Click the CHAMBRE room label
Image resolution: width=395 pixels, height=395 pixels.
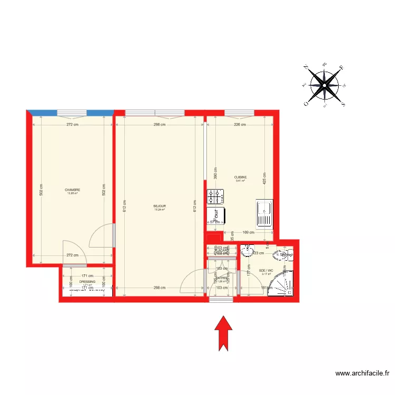click(73, 190)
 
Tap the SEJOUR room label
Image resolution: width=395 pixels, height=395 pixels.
click(160, 206)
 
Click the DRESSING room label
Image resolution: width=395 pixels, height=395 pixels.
click(87, 282)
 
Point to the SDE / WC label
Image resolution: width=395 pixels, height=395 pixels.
click(266, 271)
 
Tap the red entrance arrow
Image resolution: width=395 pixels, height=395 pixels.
click(224, 332)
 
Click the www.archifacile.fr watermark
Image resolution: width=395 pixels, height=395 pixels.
click(362, 373)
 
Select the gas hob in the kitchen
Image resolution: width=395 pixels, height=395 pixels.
click(216, 196)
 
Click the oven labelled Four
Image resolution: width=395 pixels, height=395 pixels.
click(215, 214)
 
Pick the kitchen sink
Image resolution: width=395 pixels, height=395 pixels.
click(264, 214)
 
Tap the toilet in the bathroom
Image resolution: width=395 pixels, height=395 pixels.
click(284, 256)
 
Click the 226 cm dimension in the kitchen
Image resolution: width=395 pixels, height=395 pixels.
click(240, 125)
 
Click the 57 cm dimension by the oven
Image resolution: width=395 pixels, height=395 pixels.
click(214, 222)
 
